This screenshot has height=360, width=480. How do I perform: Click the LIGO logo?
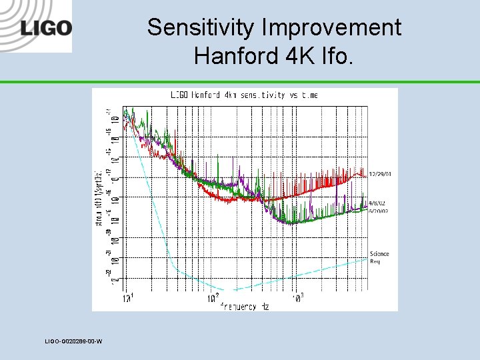pyautogui.click(x=46, y=29)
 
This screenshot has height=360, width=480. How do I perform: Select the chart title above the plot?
pyautogui.click(x=244, y=95)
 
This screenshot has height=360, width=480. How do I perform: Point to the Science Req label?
pyautogui.click(x=379, y=257)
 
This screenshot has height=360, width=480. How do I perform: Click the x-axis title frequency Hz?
pyautogui.click(x=247, y=306)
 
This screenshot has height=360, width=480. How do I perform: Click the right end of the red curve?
pyautogui.click(x=367, y=175)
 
